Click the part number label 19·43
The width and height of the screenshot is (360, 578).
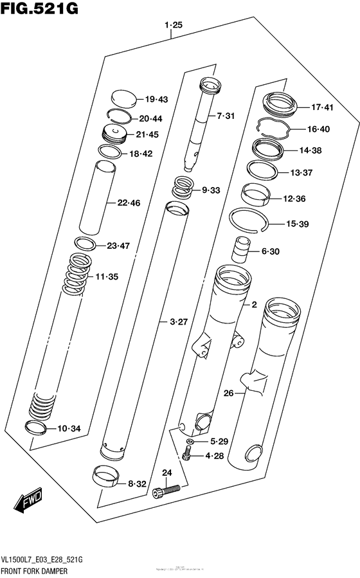(156, 99)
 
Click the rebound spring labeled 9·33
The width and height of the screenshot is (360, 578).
(183, 189)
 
